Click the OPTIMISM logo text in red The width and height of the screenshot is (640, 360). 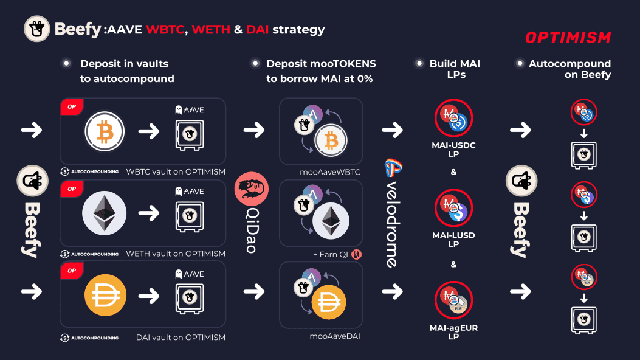click(568, 38)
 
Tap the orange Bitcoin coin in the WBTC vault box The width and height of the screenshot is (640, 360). click(104, 131)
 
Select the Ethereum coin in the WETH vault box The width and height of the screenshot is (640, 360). click(104, 213)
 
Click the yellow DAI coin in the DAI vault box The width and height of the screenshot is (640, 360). click(104, 295)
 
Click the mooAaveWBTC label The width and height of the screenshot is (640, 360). click(329, 172)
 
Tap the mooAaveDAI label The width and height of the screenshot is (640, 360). click(329, 335)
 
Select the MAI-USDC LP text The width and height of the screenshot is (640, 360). click(453, 150)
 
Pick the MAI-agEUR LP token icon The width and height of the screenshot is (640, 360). click(453, 300)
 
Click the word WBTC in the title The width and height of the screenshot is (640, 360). click(167, 29)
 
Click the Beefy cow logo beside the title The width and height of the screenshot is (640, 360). click(36, 29)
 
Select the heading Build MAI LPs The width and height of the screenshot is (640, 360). click(448, 69)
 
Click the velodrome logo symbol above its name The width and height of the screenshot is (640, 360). click(393, 168)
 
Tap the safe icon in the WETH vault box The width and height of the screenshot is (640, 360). click(189, 215)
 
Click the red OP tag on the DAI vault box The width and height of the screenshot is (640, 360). click(72, 271)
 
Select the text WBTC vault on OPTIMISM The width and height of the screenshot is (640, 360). click(176, 171)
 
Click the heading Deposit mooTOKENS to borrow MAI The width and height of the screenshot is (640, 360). click(321, 71)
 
